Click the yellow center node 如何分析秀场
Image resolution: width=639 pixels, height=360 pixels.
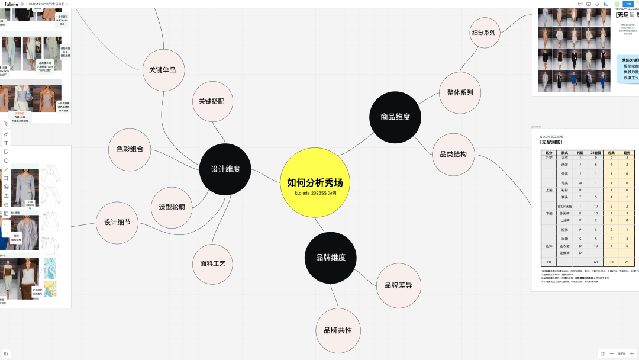point(315,183)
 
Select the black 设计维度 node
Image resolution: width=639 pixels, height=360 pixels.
point(225,169)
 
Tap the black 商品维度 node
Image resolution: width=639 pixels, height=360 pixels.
point(395,117)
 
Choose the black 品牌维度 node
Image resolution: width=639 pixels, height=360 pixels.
point(330,257)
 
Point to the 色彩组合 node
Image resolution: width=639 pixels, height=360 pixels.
point(125,149)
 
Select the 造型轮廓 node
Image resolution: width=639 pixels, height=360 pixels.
point(172,207)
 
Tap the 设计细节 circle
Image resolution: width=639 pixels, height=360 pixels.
point(117,223)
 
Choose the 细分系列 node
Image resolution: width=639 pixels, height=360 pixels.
point(483,33)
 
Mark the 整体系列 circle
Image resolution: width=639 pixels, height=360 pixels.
point(460,93)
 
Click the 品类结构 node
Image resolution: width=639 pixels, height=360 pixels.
point(453,154)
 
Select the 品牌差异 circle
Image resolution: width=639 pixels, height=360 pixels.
point(398,285)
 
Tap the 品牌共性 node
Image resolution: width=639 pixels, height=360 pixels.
point(337,330)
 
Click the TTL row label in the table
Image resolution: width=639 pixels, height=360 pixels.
point(548,261)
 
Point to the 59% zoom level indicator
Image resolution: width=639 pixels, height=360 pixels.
point(621,353)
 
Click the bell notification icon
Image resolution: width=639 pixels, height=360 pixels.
point(597,4)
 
